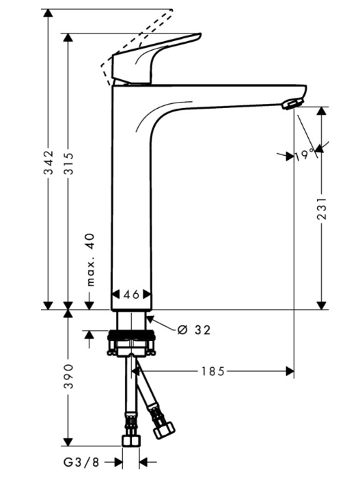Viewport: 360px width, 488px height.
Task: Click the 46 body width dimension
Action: (131, 294)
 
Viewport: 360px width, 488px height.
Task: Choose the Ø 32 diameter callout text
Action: (193, 330)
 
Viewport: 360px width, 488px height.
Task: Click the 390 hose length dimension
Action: (68, 376)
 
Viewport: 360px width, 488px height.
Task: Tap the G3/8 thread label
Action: (82, 463)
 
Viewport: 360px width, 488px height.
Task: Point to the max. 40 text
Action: (89, 260)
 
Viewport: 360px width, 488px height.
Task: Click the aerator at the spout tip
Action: (292, 103)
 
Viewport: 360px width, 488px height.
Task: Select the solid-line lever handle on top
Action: (157, 57)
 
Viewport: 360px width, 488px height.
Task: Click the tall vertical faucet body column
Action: (131, 205)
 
